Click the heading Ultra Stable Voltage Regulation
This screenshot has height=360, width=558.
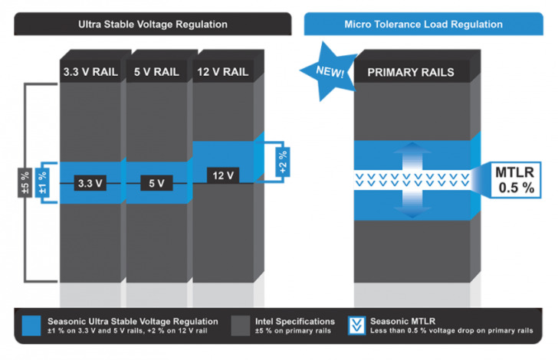coord(153,24)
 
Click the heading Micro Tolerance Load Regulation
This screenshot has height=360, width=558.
coord(428,24)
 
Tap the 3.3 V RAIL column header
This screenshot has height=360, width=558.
coord(90,73)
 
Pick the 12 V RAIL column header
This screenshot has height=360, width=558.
coord(223,73)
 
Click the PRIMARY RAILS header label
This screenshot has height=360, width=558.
coord(410,73)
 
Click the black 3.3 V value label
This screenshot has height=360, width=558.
coord(90,183)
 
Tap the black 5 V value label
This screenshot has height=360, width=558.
coord(156,183)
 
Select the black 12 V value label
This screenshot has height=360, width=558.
coord(223,175)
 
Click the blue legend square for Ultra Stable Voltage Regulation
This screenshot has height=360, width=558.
coord(32,325)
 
